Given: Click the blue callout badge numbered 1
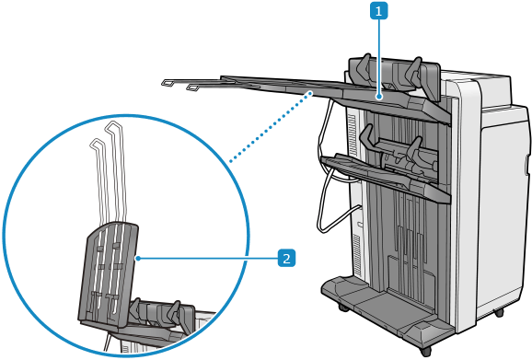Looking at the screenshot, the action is tap(378, 11).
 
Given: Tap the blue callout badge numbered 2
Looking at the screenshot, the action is tap(286, 258).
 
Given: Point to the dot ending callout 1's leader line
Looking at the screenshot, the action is tap(378, 98).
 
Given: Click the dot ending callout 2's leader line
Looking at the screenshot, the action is tap(138, 259).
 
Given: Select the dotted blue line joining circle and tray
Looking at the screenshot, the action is tap(271, 126).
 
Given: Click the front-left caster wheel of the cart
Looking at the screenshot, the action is tap(343, 308).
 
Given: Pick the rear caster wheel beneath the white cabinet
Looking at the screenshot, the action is tap(499, 312).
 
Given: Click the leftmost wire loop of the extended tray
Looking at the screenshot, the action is tap(168, 83).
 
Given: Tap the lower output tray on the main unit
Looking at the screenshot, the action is tap(384, 178).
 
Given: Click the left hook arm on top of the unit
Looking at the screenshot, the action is tap(362, 66).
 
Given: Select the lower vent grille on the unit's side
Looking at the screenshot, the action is tap(356, 254).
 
